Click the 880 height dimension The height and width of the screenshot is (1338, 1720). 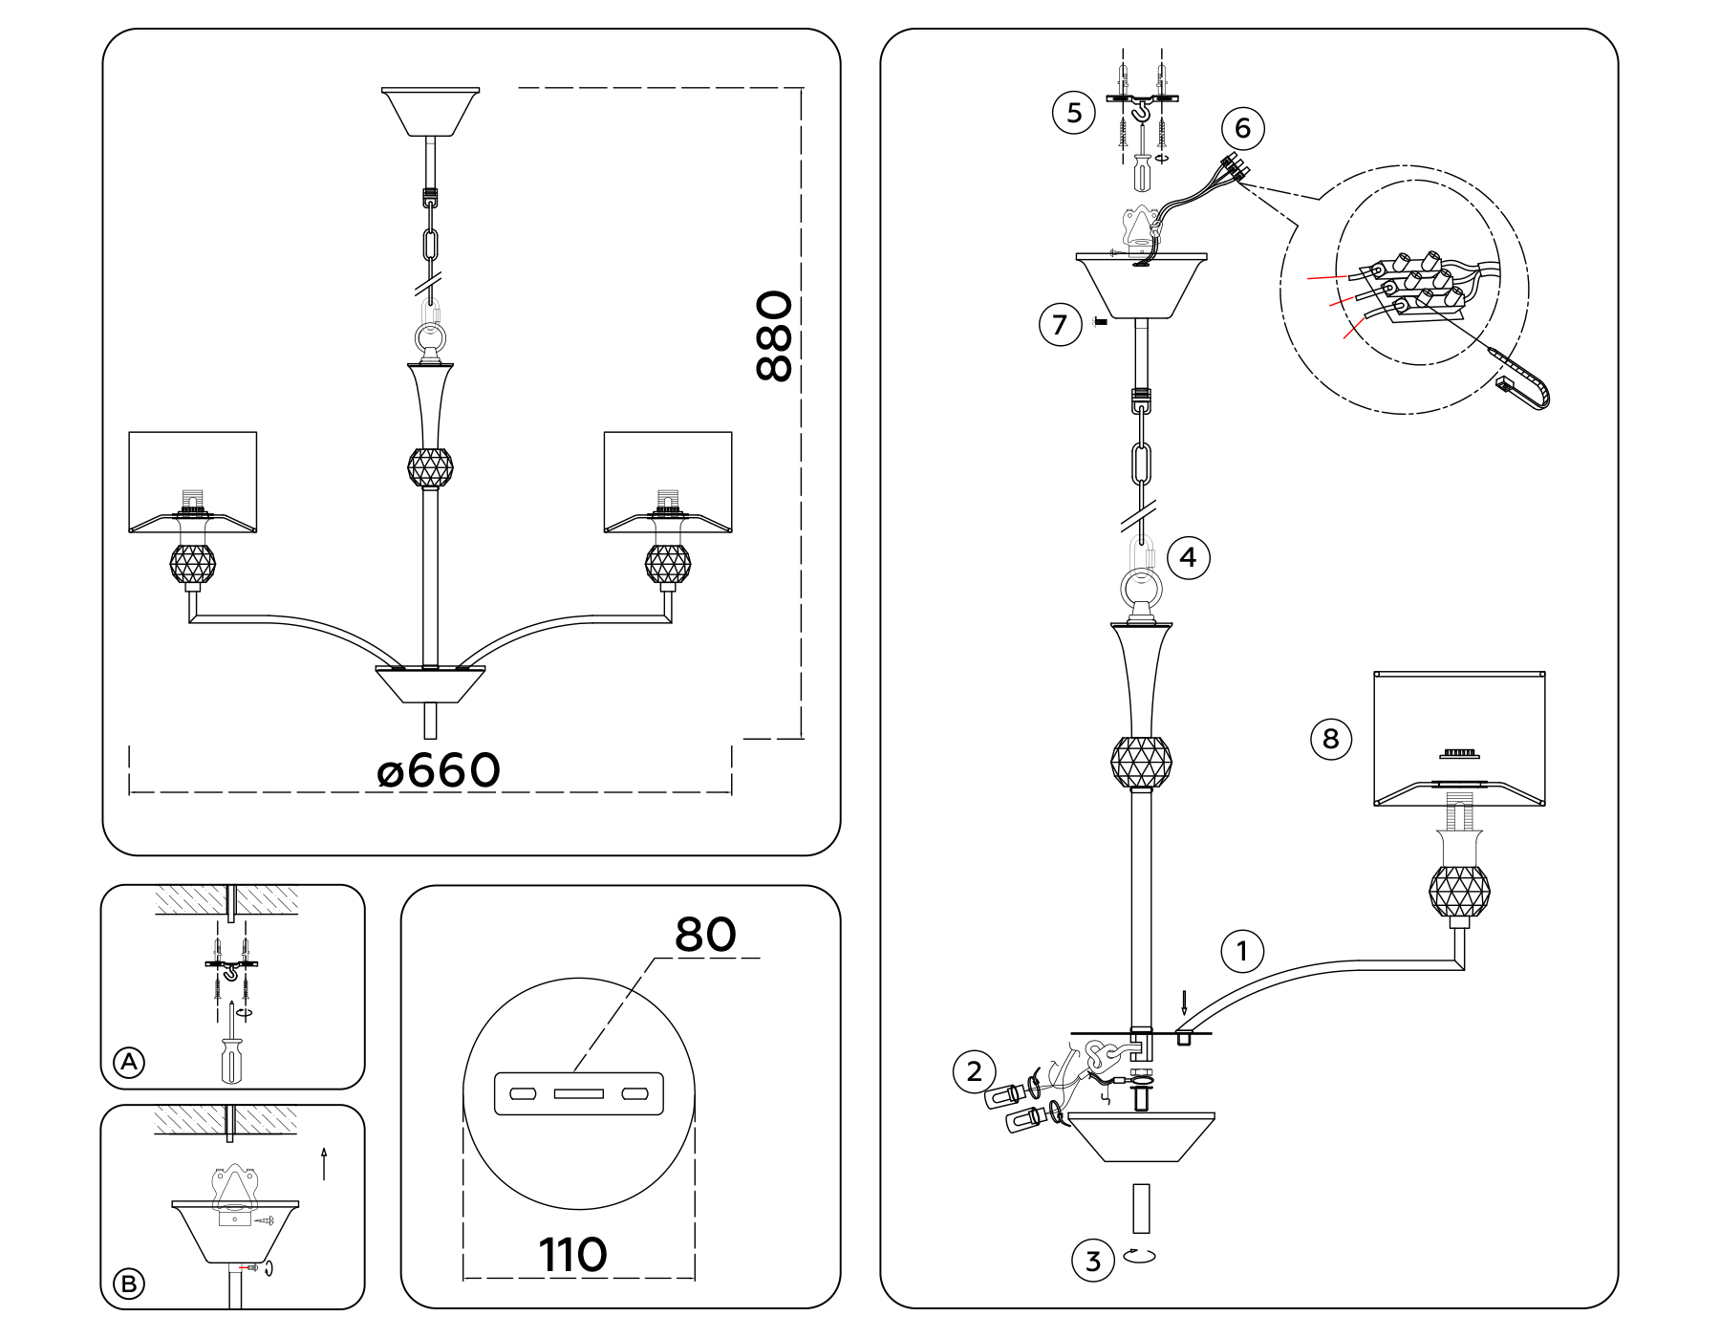pos(774,336)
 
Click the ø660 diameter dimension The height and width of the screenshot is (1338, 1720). pos(439,771)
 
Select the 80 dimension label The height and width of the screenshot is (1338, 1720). pos(705,935)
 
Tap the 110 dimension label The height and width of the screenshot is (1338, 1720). pos(572,1255)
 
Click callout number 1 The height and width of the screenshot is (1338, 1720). pos(1242,951)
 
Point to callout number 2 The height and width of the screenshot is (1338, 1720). pos(974,1071)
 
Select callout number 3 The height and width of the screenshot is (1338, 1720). pos(1093,1261)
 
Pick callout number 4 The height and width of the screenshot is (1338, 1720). pos(1188,557)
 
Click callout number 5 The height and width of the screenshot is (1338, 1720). pos(1074,113)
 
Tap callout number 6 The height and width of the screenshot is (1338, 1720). pos(1242,128)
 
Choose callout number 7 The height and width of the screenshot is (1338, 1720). pos(1060,325)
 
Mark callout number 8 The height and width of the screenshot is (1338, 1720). pos(1330,739)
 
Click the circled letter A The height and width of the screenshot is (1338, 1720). pos(129,1062)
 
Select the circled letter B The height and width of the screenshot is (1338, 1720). pos(129,1283)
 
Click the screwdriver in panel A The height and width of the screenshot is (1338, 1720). pos(231,1056)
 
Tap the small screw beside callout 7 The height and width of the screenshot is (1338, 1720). pos(1100,322)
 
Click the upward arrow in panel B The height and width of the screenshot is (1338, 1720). pos(324,1163)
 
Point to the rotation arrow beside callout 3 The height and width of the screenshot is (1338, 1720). pos(1139,1255)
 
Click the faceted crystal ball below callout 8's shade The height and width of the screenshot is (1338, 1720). pos(1459,891)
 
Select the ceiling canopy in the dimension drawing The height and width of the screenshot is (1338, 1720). pos(430,111)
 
